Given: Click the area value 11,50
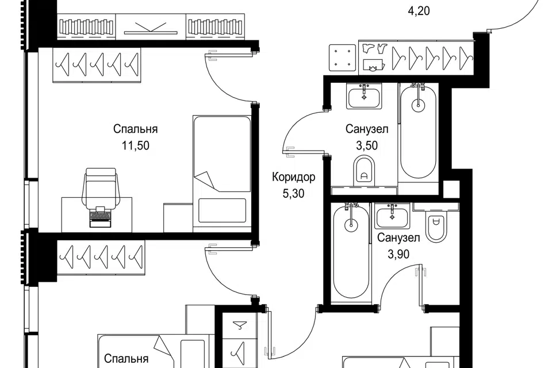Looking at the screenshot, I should pyautogui.click(x=135, y=145).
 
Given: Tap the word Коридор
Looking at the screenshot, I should pyautogui.click(x=293, y=177).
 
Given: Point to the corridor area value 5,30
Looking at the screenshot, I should pyautogui.click(x=293, y=193).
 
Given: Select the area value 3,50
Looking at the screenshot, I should pyautogui.click(x=367, y=145).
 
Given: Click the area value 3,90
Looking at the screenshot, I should pyautogui.click(x=397, y=254).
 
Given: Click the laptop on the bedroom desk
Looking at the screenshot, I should pyautogui.click(x=99, y=217).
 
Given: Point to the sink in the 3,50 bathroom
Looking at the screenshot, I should pyautogui.click(x=363, y=95).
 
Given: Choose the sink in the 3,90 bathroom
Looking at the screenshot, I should pyautogui.click(x=392, y=218).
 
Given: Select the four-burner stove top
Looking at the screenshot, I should pyautogui.click(x=343, y=57).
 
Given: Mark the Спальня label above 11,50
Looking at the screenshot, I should pyautogui.click(x=135, y=129).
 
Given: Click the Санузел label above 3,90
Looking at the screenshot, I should pyautogui.click(x=398, y=237).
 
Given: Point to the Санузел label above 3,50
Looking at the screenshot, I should pyautogui.click(x=367, y=129).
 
